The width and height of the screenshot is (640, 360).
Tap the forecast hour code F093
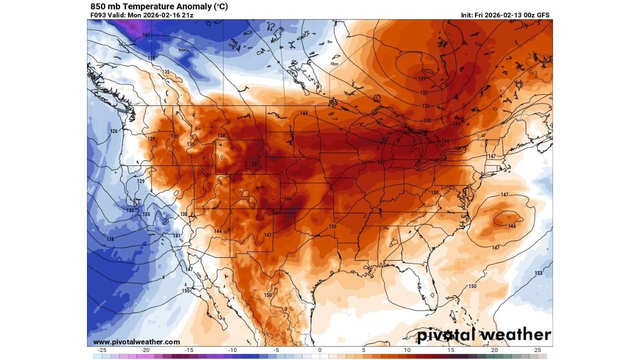point(98,15)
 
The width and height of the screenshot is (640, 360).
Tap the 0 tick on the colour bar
point(320,350)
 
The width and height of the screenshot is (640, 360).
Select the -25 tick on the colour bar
point(102,350)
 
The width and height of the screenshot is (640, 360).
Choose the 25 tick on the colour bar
point(537,350)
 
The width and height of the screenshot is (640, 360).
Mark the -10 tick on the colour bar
point(232,350)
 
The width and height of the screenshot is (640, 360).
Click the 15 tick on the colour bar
point(450,350)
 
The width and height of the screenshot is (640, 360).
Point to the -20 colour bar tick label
point(145,350)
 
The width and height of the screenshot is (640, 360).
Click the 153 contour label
point(538,273)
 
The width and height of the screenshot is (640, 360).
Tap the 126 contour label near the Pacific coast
point(114,131)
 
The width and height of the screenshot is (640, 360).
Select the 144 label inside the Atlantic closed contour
point(511,226)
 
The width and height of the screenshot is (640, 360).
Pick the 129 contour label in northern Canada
point(422,79)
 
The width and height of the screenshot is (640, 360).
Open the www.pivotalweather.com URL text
point(136,342)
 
